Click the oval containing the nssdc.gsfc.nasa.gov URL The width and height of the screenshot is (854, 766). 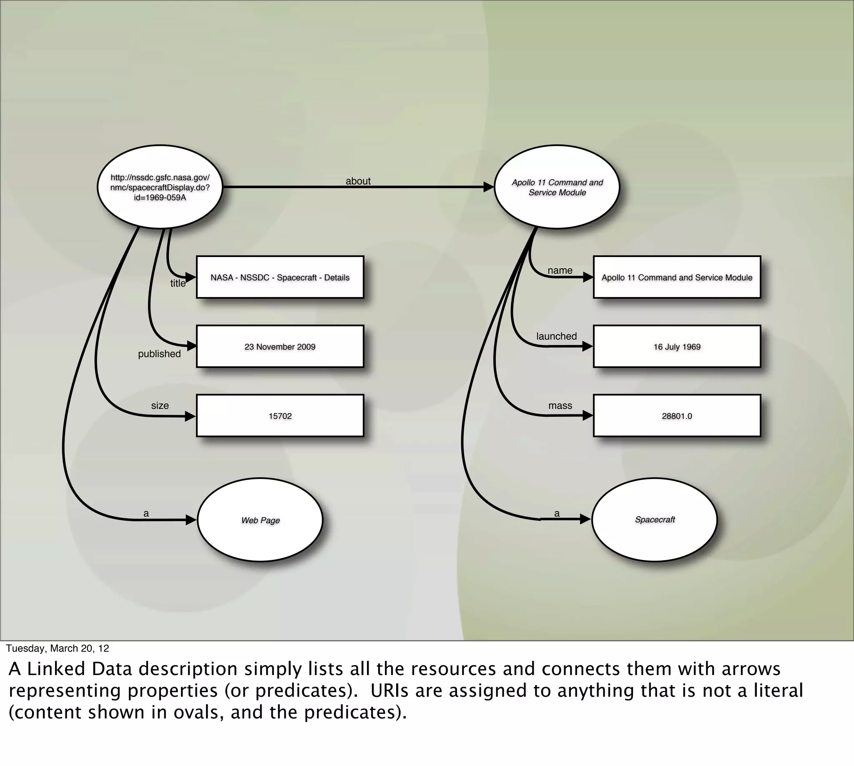tap(160, 187)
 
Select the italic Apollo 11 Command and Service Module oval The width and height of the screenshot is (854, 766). tap(557, 187)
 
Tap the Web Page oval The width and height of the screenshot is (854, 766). tap(260, 520)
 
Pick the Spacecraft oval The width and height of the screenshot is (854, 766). tap(655, 519)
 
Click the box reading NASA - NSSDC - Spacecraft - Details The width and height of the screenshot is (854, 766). tap(280, 277)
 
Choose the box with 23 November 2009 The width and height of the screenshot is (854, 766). tap(280, 346)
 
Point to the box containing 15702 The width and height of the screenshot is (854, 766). tap(280, 416)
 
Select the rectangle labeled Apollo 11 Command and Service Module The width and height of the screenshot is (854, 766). tap(677, 277)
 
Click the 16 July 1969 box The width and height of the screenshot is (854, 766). tap(677, 346)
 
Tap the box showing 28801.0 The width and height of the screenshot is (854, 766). tap(677, 416)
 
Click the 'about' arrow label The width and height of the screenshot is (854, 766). tap(358, 181)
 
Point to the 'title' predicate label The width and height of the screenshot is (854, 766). tap(178, 283)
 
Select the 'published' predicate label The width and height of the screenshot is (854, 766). tap(159, 353)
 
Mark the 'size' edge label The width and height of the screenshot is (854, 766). tap(160, 405)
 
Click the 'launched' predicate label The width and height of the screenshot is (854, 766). tap(556, 336)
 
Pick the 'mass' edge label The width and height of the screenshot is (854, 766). tap(560, 405)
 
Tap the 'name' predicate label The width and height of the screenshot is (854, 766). tap(560, 270)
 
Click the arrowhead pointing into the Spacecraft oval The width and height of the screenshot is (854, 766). tap(585, 519)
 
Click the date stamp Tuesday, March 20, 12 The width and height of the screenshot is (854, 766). tap(57, 648)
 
